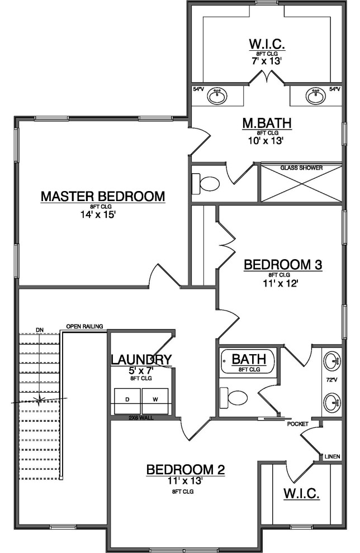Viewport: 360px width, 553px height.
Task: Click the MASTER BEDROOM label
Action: pyautogui.click(x=103, y=197)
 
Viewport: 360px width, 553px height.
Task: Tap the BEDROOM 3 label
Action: pyautogui.click(x=283, y=264)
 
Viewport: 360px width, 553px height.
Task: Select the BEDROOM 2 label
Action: pyautogui.click(x=185, y=470)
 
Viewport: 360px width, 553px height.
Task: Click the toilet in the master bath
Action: pyautogui.click(x=208, y=183)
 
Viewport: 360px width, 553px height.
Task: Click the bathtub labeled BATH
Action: pyautogui.click(x=248, y=362)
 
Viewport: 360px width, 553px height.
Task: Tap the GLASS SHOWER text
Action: pyautogui.click(x=301, y=168)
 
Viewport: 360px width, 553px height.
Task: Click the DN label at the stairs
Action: pyautogui.click(x=39, y=330)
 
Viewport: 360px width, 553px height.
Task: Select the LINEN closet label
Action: pyautogui.click(x=332, y=456)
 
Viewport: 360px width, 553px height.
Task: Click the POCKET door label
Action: pyautogui.click(x=297, y=424)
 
